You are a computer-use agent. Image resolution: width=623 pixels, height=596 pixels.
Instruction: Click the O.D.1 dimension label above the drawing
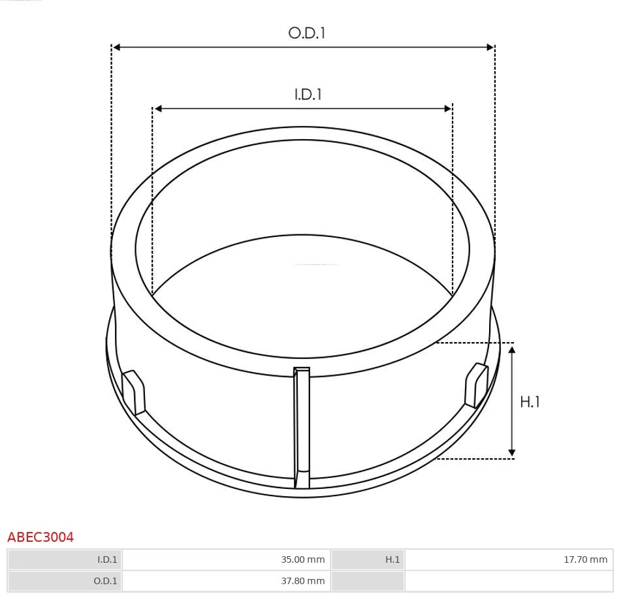306,33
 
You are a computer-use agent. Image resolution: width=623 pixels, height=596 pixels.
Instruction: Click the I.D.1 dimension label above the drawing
308,94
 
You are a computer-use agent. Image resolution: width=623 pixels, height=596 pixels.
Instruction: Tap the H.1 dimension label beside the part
530,401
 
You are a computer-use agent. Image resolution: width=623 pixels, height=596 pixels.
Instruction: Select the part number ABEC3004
40,537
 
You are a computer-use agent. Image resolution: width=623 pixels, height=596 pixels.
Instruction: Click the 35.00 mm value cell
226,559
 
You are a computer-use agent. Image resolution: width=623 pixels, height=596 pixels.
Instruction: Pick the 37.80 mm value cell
226,581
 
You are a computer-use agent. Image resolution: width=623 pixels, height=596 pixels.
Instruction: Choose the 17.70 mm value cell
509,559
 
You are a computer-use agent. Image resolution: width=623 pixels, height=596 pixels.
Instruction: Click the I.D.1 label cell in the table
65,559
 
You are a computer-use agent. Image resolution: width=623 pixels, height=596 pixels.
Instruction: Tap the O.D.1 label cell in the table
65,581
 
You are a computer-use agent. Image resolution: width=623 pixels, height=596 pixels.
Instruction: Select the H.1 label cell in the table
368,559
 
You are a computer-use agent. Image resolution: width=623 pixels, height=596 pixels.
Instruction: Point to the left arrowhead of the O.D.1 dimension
116,47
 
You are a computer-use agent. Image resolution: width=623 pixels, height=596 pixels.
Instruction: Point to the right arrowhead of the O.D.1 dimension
490,47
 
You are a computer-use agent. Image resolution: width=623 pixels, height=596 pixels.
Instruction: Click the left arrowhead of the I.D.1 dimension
157,108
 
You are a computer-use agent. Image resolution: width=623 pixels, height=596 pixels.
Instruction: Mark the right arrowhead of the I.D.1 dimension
448,108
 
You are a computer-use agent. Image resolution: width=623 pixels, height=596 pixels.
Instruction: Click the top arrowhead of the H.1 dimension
512,351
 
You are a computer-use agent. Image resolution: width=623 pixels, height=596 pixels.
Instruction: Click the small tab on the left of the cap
134,392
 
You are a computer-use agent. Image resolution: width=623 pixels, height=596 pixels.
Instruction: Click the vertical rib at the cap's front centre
301,428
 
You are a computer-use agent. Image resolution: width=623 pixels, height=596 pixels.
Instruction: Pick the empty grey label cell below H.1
368,581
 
